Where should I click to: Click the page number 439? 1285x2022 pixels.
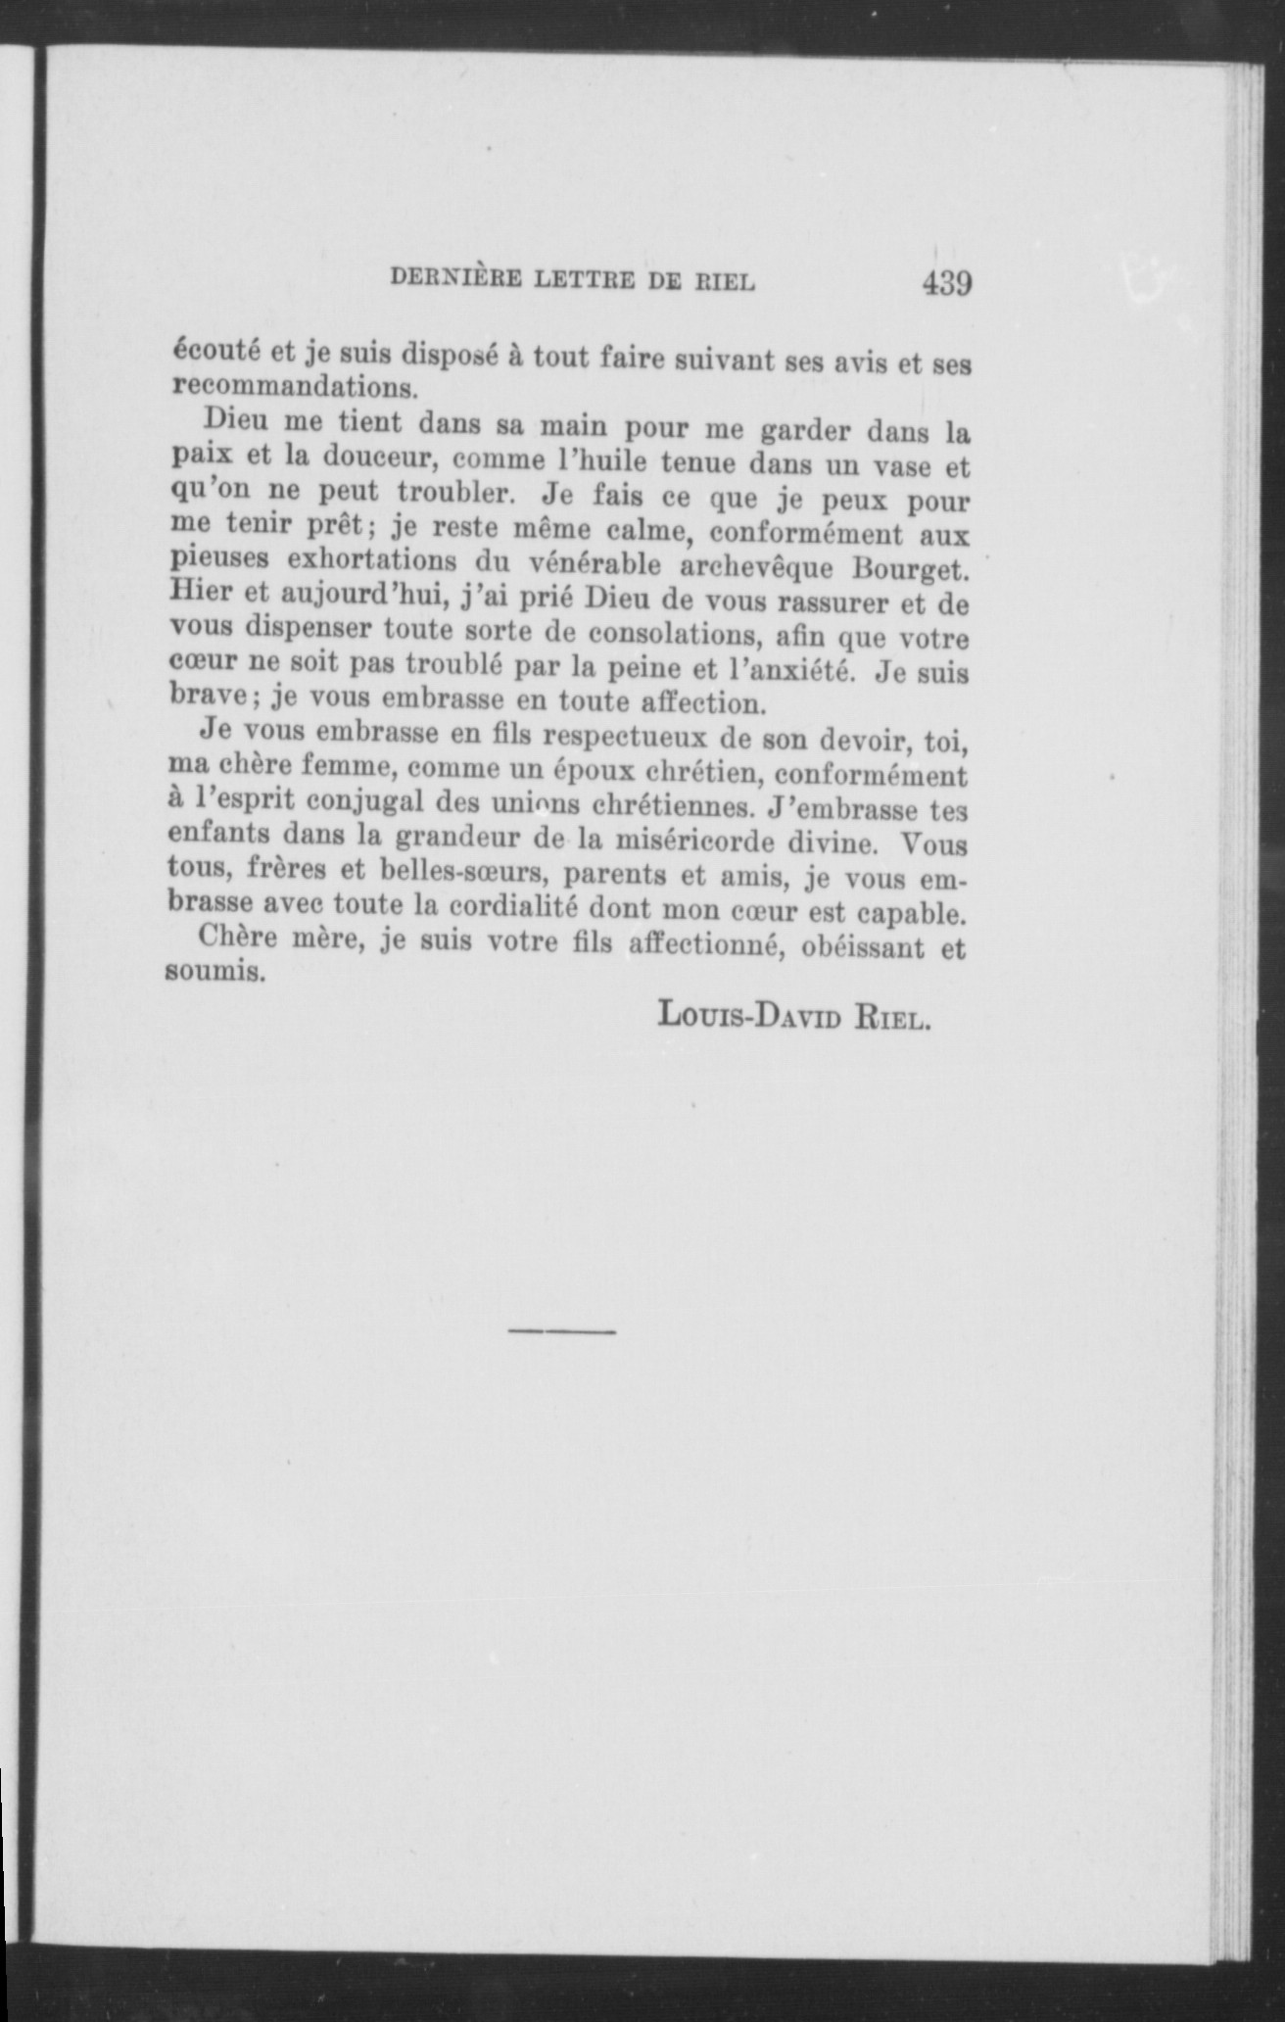pyautogui.click(x=945, y=284)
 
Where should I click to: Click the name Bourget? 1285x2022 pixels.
pyautogui.click(x=912, y=568)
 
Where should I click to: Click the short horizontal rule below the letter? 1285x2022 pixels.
pyautogui.click(x=561, y=1331)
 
